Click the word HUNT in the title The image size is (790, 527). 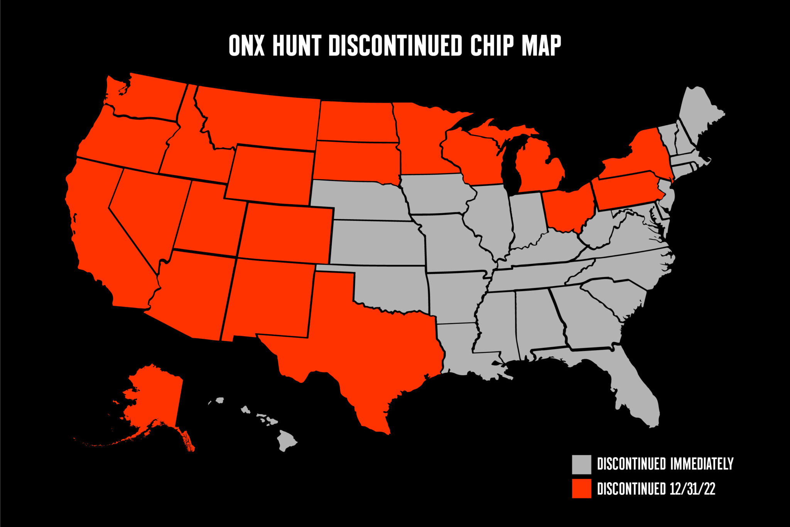(x=297, y=46)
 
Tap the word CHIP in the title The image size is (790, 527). (x=492, y=46)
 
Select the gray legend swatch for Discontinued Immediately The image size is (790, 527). (x=581, y=464)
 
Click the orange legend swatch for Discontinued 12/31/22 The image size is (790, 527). (x=581, y=488)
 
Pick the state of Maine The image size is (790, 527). (x=698, y=120)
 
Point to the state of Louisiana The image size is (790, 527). (x=459, y=347)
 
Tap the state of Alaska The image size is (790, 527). (x=154, y=402)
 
